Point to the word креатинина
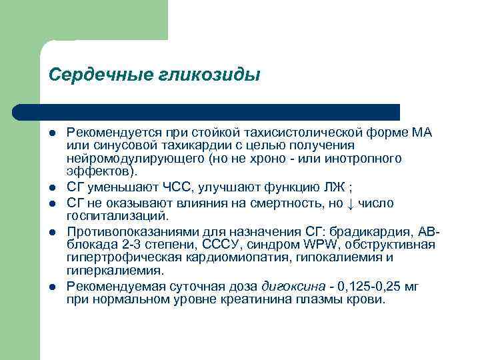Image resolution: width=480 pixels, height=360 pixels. click(268, 299)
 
